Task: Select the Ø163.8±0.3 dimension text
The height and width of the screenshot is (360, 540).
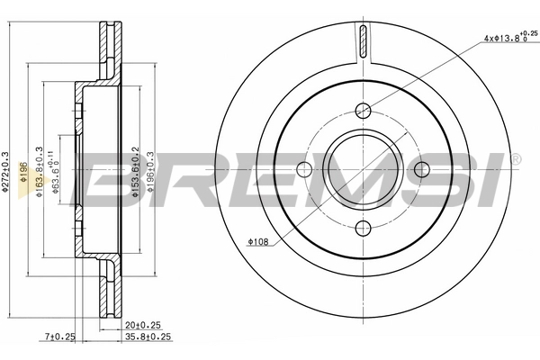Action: coord(39,171)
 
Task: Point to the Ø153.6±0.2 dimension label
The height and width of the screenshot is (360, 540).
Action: coord(135,171)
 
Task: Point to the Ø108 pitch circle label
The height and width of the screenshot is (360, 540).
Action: coord(257,241)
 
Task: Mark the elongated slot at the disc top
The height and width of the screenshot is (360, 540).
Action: coord(363,41)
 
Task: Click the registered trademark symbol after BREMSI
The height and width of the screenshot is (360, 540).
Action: coord(515,158)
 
